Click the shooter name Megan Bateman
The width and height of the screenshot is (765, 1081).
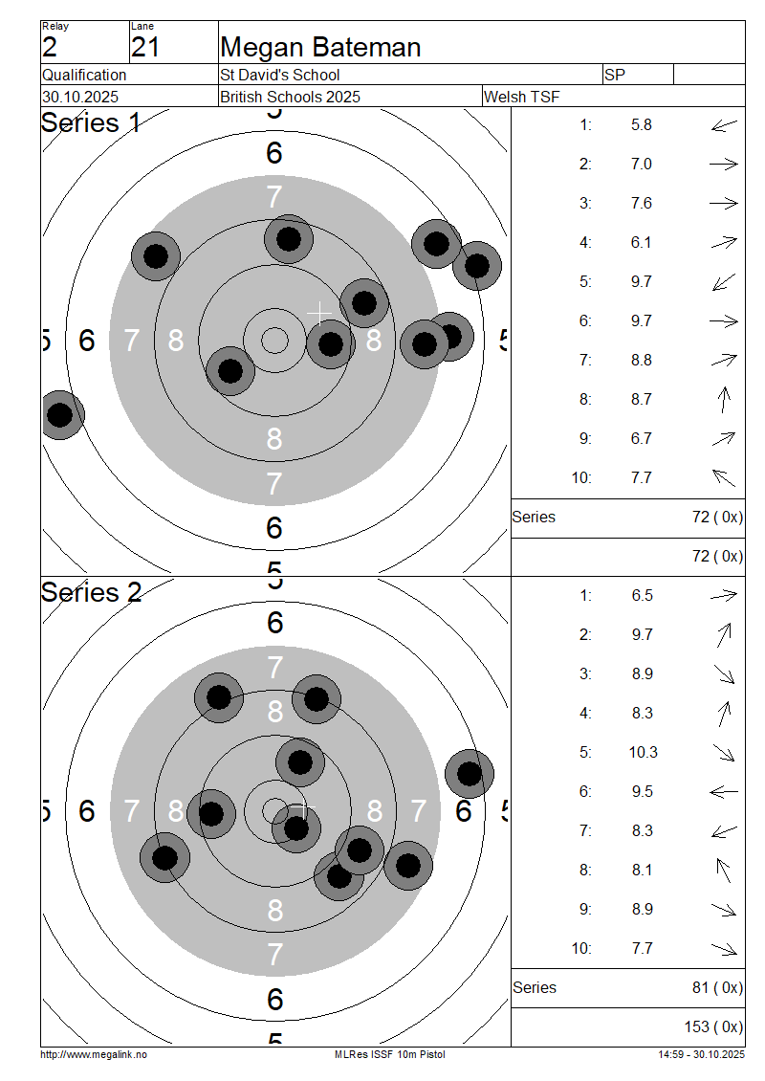coord(320,48)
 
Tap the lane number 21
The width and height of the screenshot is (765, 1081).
coord(145,48)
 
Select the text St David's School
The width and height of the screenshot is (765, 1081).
coord(280,76)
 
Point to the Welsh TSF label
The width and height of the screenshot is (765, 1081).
coord(522,98)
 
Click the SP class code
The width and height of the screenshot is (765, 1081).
coord(614,76)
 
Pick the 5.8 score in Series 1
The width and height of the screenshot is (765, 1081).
coord(641,125)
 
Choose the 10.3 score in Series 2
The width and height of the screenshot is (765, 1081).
coord(643,752)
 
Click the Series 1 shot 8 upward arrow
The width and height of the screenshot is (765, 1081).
coord(724,400)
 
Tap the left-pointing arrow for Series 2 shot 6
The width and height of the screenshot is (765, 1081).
coord(724,792)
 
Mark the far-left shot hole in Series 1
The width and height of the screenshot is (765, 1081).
coord(60,415)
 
